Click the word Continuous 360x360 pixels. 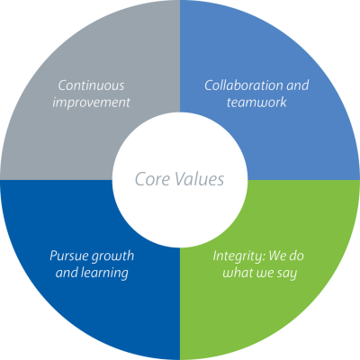tap(91, 85)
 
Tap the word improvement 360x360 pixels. tap(91, 103)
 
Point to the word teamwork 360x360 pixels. tap(256, 103)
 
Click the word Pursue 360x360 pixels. tap(68, 256)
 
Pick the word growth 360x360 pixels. tap(112, 256)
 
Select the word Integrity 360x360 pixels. tap(239, 256)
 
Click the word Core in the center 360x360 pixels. tap(152, 179)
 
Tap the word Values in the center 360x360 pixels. tap(200, 179)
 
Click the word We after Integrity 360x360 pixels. tap(278, 256)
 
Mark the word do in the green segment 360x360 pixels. tap(297, 256)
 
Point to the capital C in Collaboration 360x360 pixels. tap(209, 85)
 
